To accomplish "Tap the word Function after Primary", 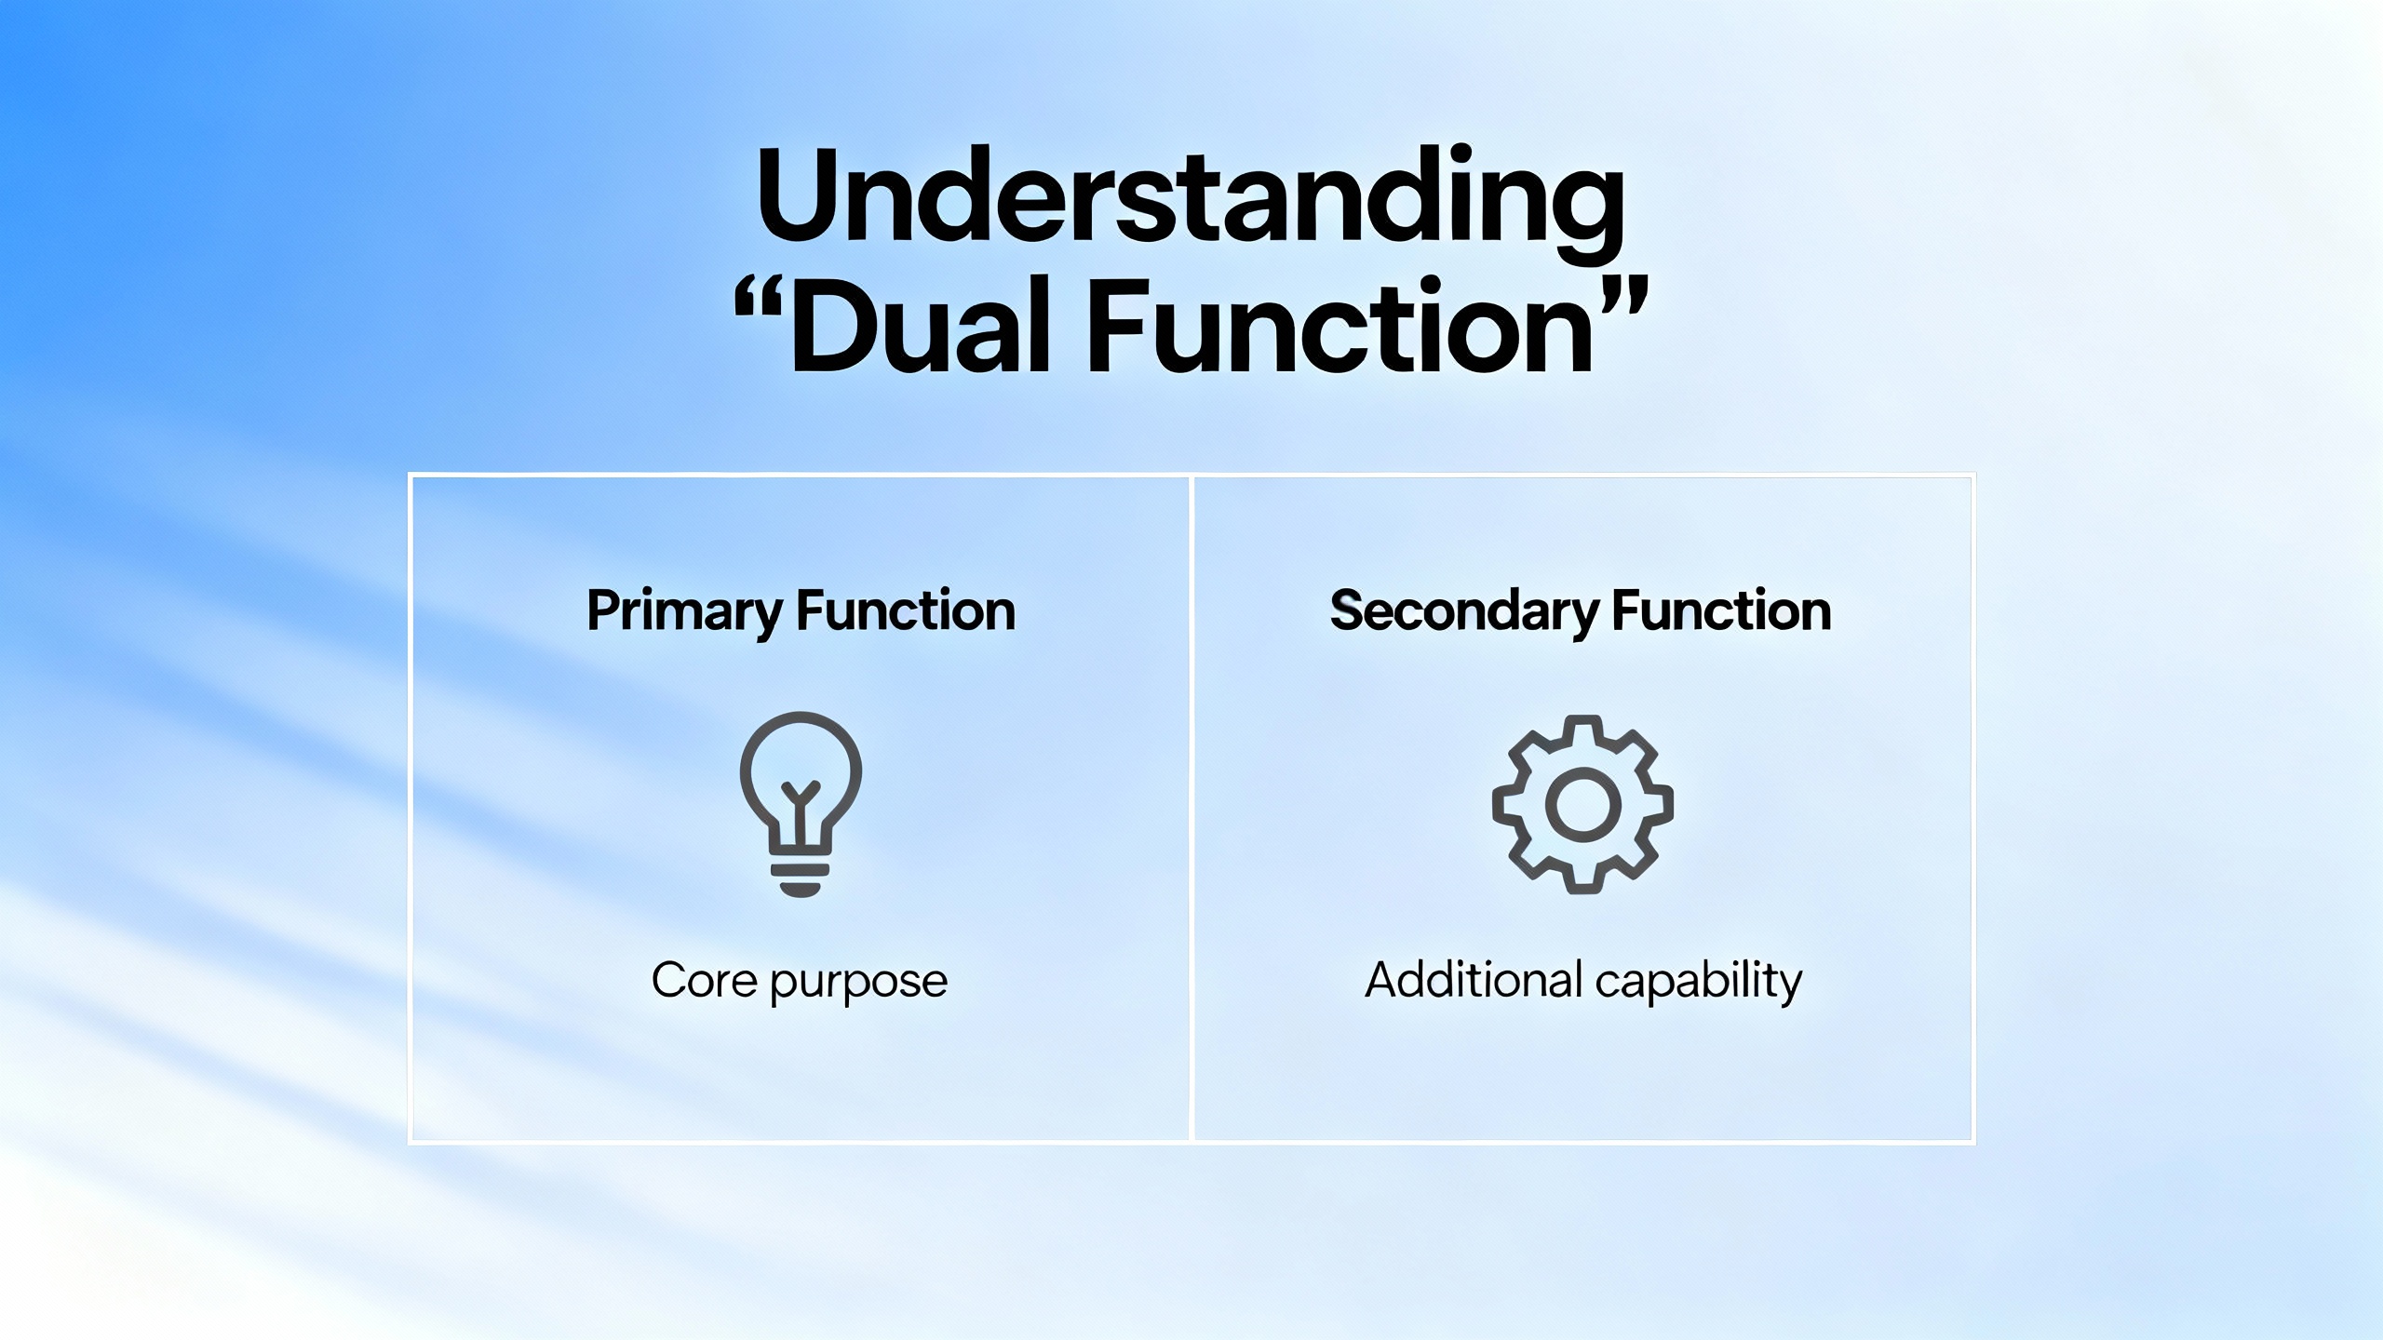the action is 906,611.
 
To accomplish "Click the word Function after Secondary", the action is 1721,611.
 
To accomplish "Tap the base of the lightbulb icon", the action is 801,878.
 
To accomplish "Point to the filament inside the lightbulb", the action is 801,802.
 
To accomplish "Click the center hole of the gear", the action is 1582,806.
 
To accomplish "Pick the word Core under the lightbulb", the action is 704,980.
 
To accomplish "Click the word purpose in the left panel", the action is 859,985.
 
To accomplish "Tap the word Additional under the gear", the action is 1474,980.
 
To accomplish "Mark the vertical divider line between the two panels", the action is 1191,808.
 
